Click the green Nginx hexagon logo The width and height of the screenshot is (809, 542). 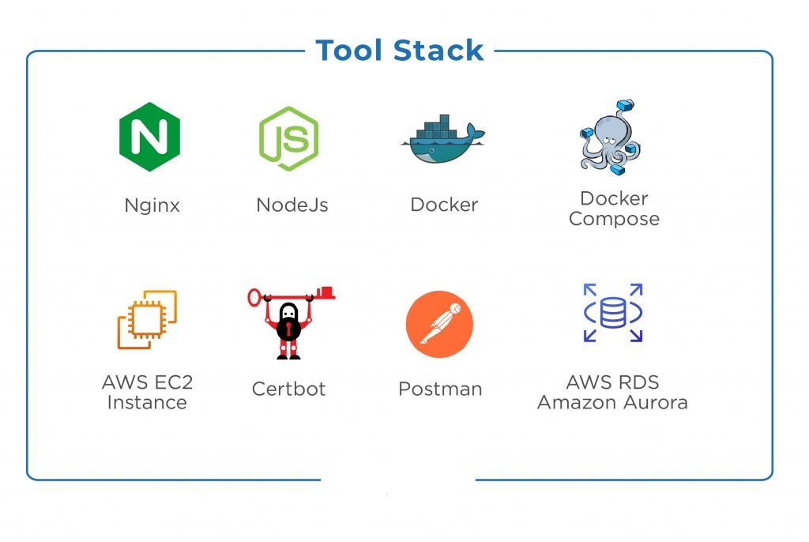coord(149,137)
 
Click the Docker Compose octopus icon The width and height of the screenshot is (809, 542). coord(607,139)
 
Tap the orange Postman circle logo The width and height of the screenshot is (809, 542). coord(439,325)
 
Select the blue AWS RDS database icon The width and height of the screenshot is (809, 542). coord(613,313)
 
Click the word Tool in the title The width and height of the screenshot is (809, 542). coord(351,51)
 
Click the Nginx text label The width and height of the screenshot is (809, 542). coord(152,205)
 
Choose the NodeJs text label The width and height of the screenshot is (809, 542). coord(292,205)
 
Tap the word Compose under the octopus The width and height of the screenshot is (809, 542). coord(614,219)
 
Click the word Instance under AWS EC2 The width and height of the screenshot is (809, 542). coord(147,402)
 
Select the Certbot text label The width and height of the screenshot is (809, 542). coord(288,389)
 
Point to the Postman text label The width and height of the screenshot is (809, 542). coord(440,389)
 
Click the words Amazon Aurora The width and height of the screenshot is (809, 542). coord(612,402)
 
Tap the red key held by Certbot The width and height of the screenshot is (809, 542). coord(320,294)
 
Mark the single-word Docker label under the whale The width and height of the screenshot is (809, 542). coord(444,205)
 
